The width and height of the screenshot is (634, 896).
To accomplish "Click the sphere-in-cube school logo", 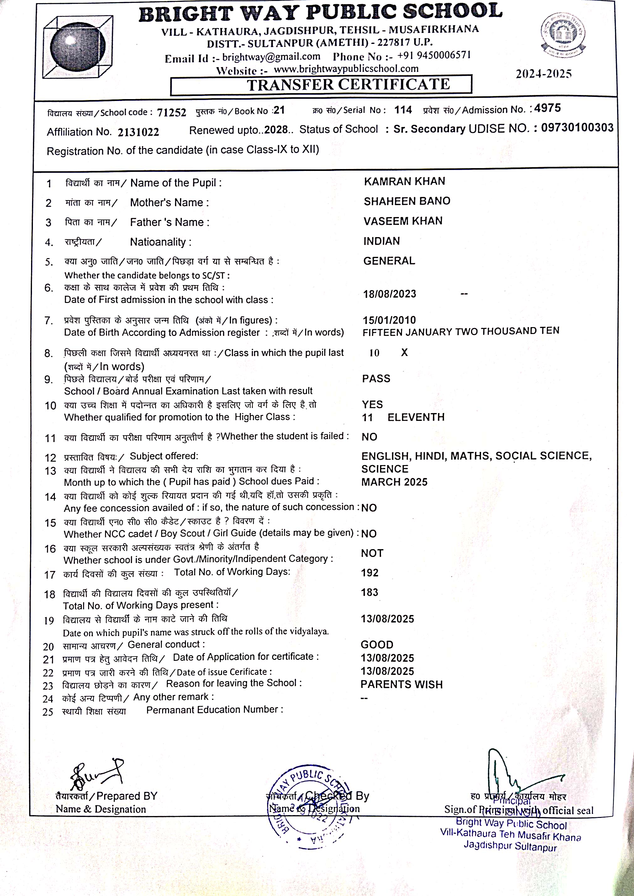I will pyautogui.click(x=78, y=46).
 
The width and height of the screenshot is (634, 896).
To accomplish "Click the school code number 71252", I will pyautogui.click(x=172, y=113).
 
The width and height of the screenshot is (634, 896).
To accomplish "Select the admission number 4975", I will pyautogui.click(x=547, y=108).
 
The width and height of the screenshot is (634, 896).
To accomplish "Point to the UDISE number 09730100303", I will pyautogui.click(x=577, y=128).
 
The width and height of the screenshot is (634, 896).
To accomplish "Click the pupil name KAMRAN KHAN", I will pyautogui.click(x=404, y=181).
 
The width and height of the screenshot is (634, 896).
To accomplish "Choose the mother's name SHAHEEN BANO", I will pyautogui.click(x=407, y=201).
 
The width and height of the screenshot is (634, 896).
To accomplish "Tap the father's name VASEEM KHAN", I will pyautogui.click(x=403, y=221).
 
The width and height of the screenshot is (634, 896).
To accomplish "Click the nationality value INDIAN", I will pyautogui.click(x=381, y=241).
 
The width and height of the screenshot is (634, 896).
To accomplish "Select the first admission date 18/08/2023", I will pyautogui.click(x=390, y=294).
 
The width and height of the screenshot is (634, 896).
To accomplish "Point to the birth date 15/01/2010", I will pyautogui.click(x=389, y=320).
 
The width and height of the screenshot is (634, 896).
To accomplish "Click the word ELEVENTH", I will pyautogui.click(x=416, y=417).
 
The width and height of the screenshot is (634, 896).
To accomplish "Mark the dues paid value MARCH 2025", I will pyautogui.click(x=394, y=482).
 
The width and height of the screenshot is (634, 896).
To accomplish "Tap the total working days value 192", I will pyautogui.click(x=370, y=573).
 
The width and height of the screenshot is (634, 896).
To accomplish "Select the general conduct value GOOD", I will pyautogui.click(x=377, y=644).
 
